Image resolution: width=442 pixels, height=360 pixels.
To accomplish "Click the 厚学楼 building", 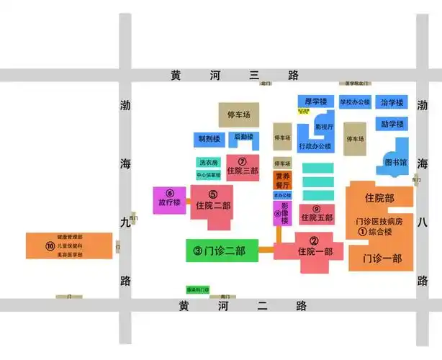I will click(x=316, y=102).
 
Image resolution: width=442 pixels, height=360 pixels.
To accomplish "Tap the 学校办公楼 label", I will click(x=355, y=102).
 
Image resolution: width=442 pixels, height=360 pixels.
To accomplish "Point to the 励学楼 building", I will click(x=392, y=124).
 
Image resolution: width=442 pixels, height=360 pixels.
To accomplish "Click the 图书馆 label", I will click(x=395, y=161).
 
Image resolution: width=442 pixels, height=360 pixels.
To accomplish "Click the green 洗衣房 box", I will click(x=209, y=162).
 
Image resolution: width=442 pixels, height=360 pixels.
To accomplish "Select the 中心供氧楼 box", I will click(x=209, y=174).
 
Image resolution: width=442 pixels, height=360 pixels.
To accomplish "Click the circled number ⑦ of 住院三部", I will click(x=242, y=161).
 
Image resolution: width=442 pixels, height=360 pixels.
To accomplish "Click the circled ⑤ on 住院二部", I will click(x=212, y=194).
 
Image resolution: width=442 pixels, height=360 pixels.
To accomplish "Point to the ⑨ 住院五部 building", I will click(x=316, y=213).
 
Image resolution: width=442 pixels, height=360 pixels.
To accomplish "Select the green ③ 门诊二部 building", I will click(x=220, y=251).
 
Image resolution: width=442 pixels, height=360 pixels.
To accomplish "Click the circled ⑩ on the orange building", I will click(x=50, y=246).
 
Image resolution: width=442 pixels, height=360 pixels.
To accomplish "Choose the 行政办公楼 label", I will click(x=315, y=146).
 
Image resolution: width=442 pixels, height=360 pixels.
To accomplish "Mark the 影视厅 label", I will click(x=325, y=127).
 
